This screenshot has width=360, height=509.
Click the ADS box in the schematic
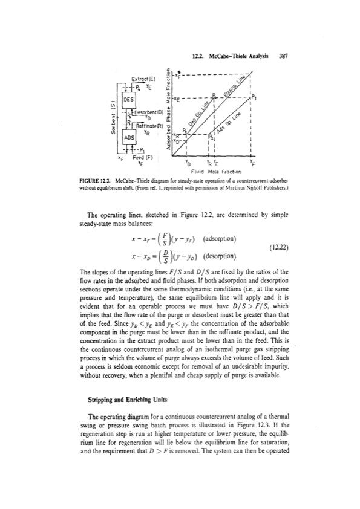[x=129, y=138]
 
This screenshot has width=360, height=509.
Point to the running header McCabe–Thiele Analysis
[x=243, y=56]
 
